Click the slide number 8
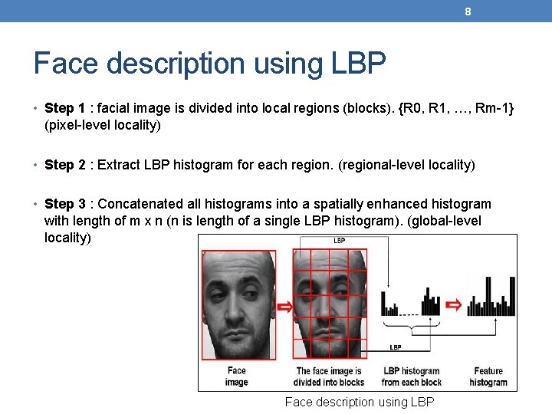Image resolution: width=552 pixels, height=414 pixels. pos(468,11)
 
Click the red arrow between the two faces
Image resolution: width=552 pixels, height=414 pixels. pos(284,307)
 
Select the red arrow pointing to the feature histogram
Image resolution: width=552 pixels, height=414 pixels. pos(455,305)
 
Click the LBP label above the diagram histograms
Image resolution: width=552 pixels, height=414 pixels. pos(339,240)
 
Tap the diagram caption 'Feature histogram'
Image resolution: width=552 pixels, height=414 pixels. pos(488,376)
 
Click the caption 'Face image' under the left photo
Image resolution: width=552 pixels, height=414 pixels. pos(236,376)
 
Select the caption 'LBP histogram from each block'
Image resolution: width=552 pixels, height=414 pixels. pos(411,376)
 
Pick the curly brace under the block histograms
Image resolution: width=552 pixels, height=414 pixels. pos(411,328)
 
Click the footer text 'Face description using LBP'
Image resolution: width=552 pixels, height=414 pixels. pos(360,402)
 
